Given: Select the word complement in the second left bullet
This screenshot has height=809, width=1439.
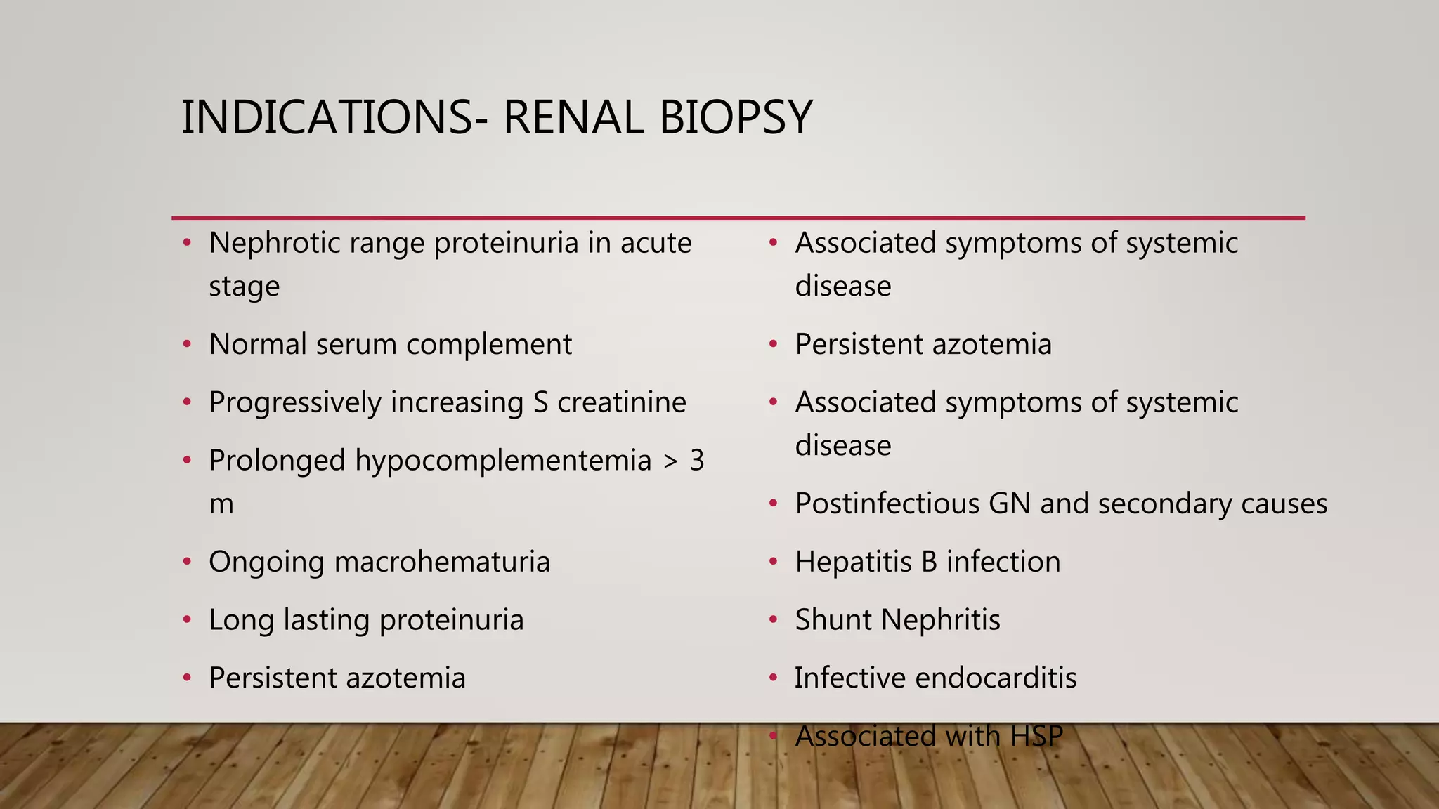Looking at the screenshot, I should point(488,345).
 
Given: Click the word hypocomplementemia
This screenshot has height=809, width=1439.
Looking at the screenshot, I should point(503,461).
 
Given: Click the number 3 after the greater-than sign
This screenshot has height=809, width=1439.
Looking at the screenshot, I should point(696,461).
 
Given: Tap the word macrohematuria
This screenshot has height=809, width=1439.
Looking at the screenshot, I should point(442,563).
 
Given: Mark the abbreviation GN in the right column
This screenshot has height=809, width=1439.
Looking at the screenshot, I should point(1010,504).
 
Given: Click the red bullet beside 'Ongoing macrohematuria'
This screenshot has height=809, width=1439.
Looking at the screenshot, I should point(187,562).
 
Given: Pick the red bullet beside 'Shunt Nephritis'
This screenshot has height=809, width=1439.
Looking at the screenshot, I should point(773,620).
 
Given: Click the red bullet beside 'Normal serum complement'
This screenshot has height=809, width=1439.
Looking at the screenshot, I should point(187,344).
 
